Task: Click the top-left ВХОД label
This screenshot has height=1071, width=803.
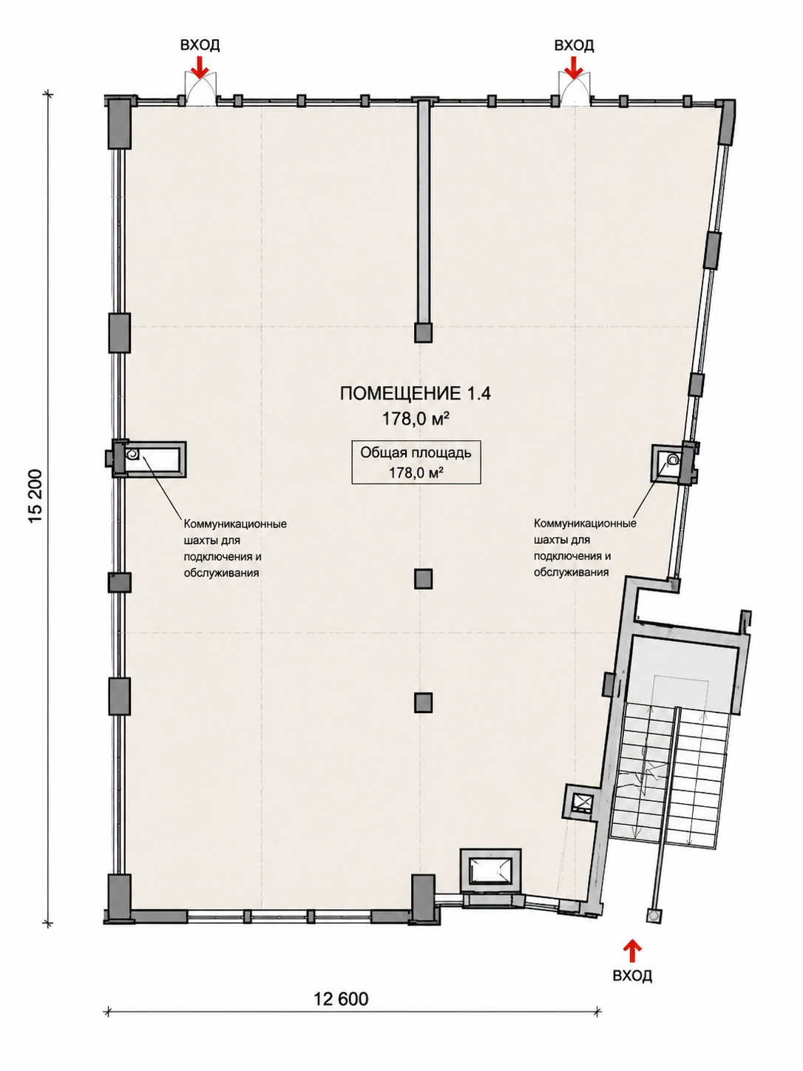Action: click(200, 45)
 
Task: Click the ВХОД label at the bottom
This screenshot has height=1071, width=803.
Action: click(632, 976)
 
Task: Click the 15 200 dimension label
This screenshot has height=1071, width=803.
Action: click(36, 497)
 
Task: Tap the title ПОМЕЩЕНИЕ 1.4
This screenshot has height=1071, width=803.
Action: click(416, 394)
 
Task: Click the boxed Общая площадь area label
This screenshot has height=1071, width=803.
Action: click(416, 462)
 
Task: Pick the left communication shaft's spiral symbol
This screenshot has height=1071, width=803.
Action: click(132, 454)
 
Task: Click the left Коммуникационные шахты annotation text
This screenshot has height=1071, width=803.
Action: click(235, 548)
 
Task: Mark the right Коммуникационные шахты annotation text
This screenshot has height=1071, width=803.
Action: click(585, 547)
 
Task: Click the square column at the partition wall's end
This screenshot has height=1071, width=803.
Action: click(423, 332)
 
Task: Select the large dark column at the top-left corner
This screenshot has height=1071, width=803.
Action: click(120, 124)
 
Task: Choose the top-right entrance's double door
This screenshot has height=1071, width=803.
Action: click(575, 88)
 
